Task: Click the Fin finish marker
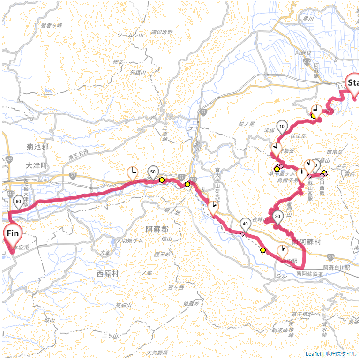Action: pos(13,233)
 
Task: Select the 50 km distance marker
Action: pos(153,172)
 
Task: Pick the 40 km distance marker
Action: pos(246,224)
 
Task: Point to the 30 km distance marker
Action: pos(278,216)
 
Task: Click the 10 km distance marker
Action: pos(282,126)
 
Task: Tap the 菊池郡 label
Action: pos(37,147)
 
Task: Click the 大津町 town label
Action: pos(37,165)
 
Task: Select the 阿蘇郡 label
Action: pos(157,229)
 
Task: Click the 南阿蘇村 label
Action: pos(306,242)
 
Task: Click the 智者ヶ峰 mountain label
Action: pos(52,25)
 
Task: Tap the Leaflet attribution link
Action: pos(314,354)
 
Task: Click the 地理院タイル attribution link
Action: pos(341,354)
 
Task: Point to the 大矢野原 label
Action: pos(157,352)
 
